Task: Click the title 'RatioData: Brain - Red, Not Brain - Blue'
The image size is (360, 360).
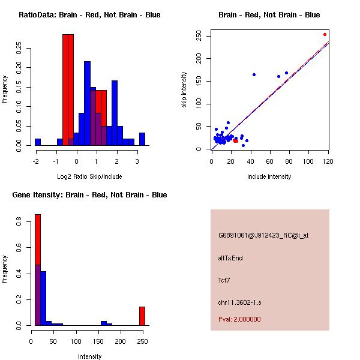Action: pyautogui.click(x=89, y=15)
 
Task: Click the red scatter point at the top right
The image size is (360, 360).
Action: pyautogui.click(x=325, y=34)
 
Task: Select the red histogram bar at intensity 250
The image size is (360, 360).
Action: pyautogui.click(x=142, y=316)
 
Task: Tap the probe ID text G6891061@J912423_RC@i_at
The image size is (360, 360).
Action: pyautogui.click(x=263, y=235)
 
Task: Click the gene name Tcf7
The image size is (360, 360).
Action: pyautogui.click(x=224, y=280)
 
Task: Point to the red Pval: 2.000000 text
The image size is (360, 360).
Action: pyautogui.click(x=240, y=319)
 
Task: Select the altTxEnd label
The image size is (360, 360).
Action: pyautogui.click(x=230, y=258)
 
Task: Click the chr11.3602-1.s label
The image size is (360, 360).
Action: pyautogui.click(x=239, y=301)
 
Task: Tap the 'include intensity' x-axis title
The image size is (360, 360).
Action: pyautogui.click(x=269, y=176)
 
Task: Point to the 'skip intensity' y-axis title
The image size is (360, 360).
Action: pyautogui.click(x=185, y=90)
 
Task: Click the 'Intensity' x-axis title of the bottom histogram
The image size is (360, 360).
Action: pyautogui.click(x=89, y=356)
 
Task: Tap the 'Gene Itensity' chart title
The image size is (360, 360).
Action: pyautogui.click(x=89, y=195)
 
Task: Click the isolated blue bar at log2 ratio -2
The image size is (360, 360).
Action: pyautogui.click(x=38, y=142)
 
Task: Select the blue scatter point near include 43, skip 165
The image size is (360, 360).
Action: pyautogui.click(x=254, y=74)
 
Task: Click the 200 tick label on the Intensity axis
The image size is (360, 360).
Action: pyautogui.click(x=121, y=341)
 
